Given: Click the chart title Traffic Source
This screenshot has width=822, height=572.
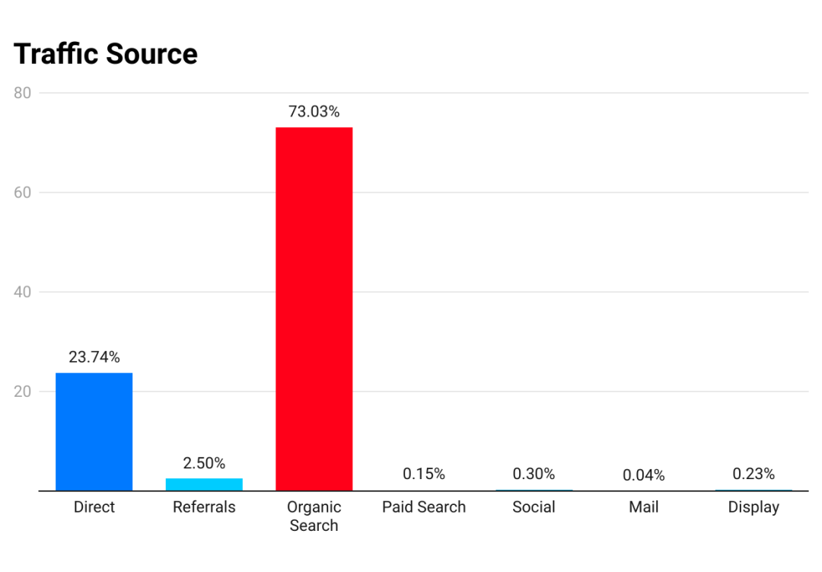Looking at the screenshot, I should coord(106,54).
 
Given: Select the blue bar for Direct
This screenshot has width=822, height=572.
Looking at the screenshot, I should coord(94,431).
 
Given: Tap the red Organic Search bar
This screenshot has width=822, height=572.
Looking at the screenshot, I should coord(314,308).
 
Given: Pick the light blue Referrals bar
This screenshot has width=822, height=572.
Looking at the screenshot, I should coord(204,484).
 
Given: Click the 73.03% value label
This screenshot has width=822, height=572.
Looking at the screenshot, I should coord(314,111).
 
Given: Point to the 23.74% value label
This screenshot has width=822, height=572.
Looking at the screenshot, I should coord(94,357).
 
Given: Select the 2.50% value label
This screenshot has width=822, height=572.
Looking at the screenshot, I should coord(204,463).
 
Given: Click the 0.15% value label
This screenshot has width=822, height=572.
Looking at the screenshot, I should coord(424,474).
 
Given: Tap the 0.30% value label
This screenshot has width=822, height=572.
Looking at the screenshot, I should coord(534,474).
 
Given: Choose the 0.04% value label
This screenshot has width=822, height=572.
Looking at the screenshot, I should coord(643,475).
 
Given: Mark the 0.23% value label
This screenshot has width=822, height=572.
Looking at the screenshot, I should coord(753,474).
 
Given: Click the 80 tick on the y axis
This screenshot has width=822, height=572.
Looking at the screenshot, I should coord(23,93).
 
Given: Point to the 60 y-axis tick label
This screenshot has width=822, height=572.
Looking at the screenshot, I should coord(23,193).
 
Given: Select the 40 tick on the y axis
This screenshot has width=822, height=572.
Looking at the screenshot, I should coord(23,292).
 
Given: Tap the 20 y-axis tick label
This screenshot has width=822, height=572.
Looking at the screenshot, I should coord(23,391).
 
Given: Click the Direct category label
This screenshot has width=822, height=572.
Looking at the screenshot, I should coord(94,507).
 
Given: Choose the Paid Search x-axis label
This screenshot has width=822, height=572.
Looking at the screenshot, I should coord(424,507).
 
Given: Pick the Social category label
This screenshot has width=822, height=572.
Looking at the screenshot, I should coord(534,507).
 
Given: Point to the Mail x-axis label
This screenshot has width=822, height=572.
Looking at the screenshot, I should coord(643,507).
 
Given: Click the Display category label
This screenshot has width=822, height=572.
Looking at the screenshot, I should coord(753,507).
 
